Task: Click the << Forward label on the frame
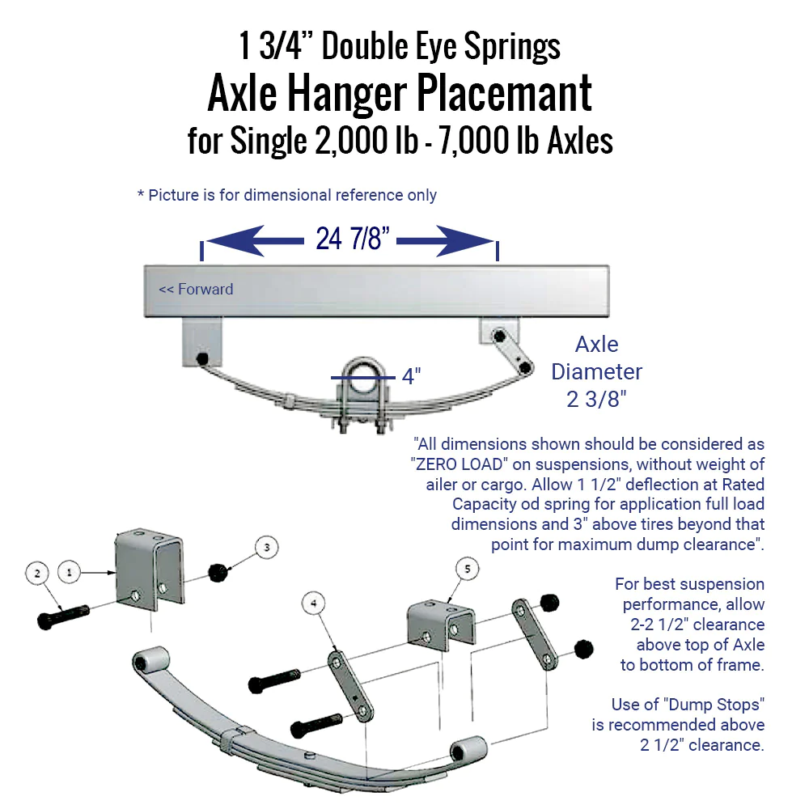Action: [x=196, y=289]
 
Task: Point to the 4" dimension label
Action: [x=412, y=376]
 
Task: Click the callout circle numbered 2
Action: [x=36, y=572]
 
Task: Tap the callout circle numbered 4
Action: [x=313, y=603]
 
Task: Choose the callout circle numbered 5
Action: [x=467, y=570]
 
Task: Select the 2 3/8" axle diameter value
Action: [x=596, y=399]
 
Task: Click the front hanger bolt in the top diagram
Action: [x=201, y=358]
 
